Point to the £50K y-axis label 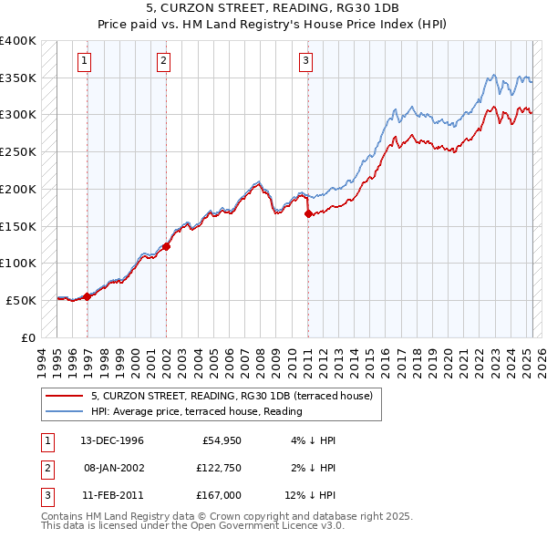click(21, 300)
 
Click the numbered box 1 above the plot click(84, 62)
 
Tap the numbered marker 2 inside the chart click(163, 62)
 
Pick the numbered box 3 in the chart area click(305, 62)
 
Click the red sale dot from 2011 click(308, 213)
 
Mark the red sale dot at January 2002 click(167, 246)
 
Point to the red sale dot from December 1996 click(88, 296)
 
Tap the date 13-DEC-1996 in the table click(112, 440)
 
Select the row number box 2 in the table click(46, 468)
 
